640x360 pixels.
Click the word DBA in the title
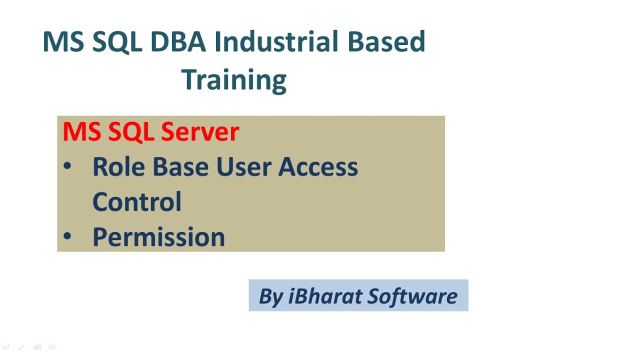pos(178,42)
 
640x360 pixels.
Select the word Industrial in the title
pos(277,42)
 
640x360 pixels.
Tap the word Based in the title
pos(386,42)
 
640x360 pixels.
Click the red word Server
pos(200,132)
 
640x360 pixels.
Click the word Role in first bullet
pos(119,166)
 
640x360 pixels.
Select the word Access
pos(318,166)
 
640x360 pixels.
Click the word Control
pos(136,201)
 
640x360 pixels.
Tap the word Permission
pos(158,237)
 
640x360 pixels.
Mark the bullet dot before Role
pos(67,166)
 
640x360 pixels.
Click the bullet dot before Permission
pos(67,235)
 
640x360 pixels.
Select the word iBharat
pos(325,296)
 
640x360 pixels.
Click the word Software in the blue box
pos(412,296)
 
